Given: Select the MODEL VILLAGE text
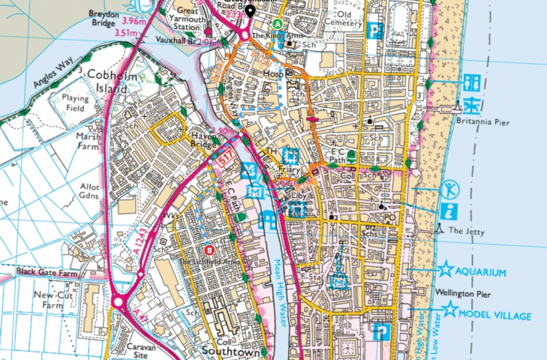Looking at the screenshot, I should click(x=496, y=316).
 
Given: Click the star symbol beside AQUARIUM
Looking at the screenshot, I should click(x=446, y=269).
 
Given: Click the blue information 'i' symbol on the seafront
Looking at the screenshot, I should click(x=449, y=211).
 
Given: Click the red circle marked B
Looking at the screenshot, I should click(x=209, y=250).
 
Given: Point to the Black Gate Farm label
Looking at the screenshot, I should click(x=47, y=271).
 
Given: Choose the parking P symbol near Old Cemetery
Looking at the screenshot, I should click(x=376, y=31).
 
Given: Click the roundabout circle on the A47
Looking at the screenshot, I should click(x=119, y=303).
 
